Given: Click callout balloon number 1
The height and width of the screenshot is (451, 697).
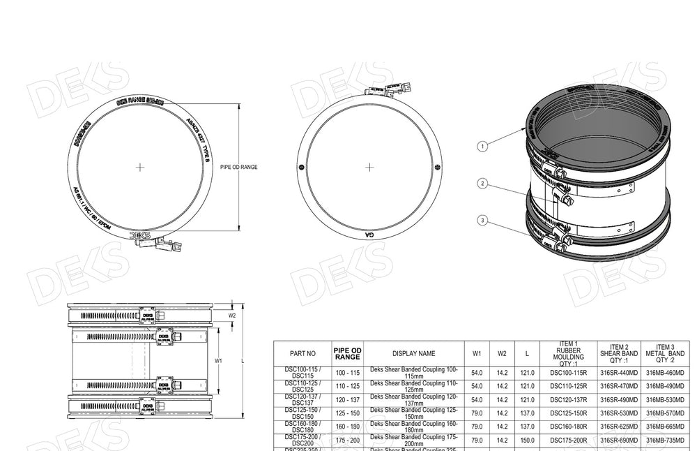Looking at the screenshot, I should [481, 147].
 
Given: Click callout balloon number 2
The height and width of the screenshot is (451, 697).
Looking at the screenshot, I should [481, 184].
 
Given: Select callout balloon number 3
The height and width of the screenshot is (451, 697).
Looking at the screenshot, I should [481, 221].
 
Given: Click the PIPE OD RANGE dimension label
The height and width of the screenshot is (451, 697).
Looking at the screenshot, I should [239, 168].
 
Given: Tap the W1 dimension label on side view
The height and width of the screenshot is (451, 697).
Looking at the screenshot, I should [217, 362].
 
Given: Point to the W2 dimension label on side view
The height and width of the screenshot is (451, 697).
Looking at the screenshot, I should [233, 315].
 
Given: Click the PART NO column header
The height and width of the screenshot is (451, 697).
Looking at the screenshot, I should [301, 354].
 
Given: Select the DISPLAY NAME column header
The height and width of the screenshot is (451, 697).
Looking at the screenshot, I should [413, 354].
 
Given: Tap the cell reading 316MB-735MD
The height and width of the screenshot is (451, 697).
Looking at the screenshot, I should [665, 441].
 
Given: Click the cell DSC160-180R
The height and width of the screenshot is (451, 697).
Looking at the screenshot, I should [569, 427].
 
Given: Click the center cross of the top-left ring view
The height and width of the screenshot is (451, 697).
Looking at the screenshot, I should [141, 167].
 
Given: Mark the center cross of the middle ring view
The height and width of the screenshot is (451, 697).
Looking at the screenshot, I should [369, 167].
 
